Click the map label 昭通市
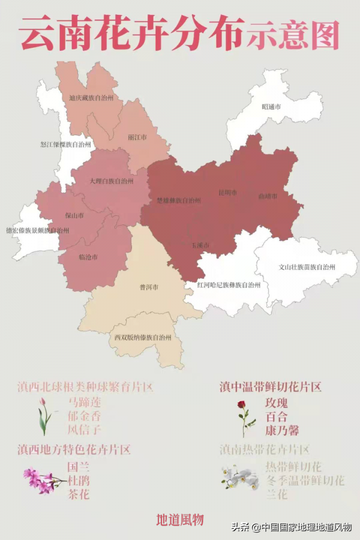[x=272, y=107]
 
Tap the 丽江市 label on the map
[x=137, y=137]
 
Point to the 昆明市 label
[x=227, y=193]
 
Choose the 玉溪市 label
[x=200, y=245]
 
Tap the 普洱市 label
[x=148, y=287]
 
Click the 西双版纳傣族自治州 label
[x=143, y=337]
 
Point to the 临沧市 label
[x=88, y=257]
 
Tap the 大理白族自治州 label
[x=111, y=181]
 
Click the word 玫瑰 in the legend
[x=276, y=403]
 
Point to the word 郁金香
[x=84, y=416]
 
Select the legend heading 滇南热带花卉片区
[x=265, y=449]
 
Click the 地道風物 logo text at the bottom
[x=180, y=520]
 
